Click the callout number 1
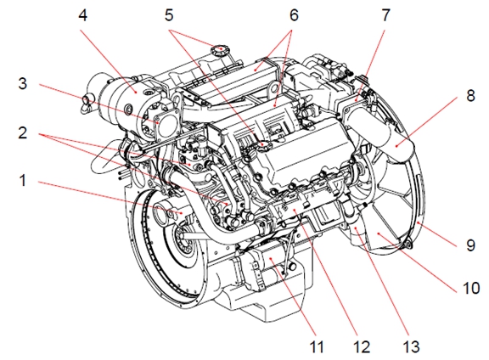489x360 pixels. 22,180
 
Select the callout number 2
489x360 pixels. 22,133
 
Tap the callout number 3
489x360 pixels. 22,83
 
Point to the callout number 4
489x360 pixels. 82,15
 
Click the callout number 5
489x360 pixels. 169,15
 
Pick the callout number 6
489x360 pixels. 294,15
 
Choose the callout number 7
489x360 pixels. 385,15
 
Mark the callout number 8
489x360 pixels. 470,95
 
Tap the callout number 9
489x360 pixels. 470,245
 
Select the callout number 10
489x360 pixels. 471,288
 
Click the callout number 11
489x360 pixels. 317,346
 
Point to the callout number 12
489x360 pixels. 362,346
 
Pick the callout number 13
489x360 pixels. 411,346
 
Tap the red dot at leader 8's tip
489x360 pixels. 396,145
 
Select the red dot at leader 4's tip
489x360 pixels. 136,92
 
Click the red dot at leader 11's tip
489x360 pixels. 271,259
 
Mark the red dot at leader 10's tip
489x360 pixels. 379,233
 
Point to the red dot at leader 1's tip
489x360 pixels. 182,212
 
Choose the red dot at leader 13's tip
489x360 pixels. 357,228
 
